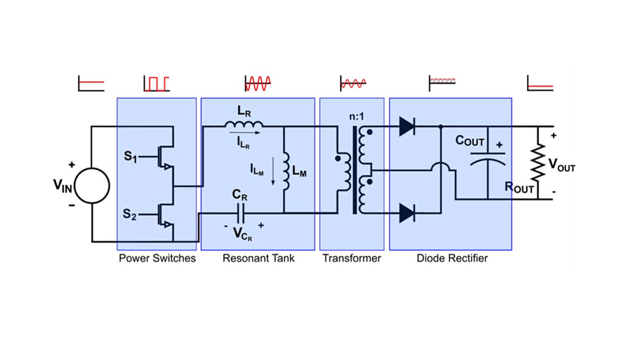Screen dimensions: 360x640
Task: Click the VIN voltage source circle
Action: (x=92, y=186)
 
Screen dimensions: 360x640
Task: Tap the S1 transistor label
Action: (x=129, y=158)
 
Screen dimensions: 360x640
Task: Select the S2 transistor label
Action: (x=129, y=214)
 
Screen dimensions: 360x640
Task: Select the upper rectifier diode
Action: (x=407, y=126)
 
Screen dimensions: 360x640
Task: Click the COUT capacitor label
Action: (x=470, y=141)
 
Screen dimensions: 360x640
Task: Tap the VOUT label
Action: (x=562, y=167)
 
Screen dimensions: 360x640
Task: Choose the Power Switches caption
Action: (x=157, y=259)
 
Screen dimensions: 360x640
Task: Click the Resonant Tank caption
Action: (x=258, y=259)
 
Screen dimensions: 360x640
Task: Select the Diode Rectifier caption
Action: (x=452, y=259)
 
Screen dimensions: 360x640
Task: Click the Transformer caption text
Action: (x=351, y=259)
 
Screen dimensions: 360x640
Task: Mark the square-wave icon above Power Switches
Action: (x=156, y=83)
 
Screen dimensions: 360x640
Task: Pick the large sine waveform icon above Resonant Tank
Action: (x=258, y=83)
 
